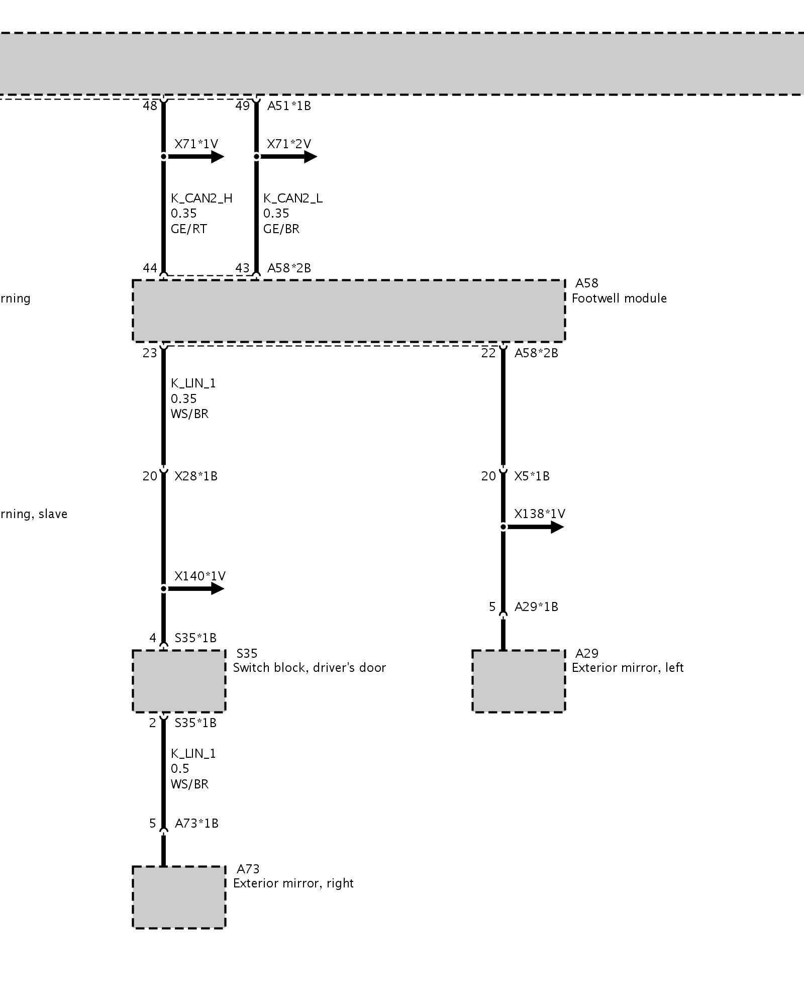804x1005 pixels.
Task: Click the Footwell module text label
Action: [619, 298]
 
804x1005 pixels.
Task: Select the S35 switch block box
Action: [179, 681]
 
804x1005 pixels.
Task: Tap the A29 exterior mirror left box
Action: [518, 681]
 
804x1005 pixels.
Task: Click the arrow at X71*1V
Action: [196, 157]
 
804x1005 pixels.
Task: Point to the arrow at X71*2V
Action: [289, 157]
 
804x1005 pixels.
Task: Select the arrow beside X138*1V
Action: [536, 527]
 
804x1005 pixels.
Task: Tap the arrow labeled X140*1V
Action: [196, 588]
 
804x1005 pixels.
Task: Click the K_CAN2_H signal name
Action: [202, 198]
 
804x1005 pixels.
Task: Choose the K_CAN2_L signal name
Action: [293, 198]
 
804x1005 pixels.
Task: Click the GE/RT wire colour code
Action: [188, 229]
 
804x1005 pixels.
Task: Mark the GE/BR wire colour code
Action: [281, 229]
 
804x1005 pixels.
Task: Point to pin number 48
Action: [150, 106]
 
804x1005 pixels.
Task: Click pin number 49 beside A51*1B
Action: [242, 106]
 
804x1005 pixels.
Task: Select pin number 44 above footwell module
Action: [150, 268]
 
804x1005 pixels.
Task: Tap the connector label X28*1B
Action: [196, 476]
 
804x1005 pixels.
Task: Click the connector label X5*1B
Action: [532, 476]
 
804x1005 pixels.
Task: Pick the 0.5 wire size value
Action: [180, 769]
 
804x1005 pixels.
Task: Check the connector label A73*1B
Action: [196, 824]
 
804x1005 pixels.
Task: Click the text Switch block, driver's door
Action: [309, 668]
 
